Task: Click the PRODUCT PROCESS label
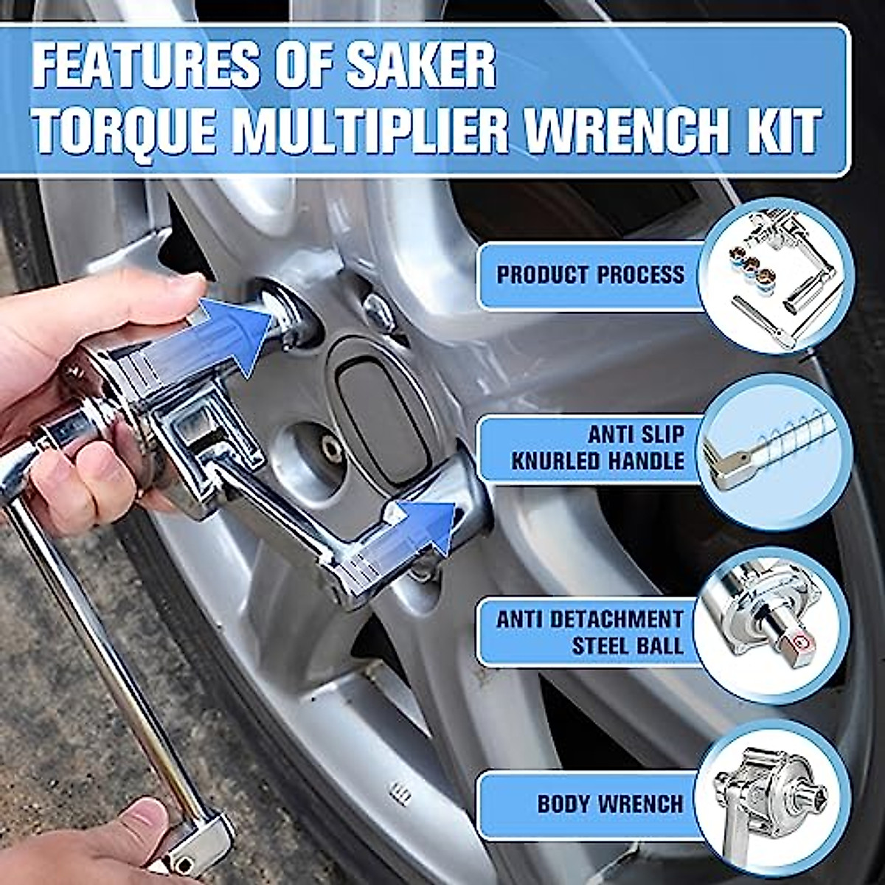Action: pyautogui.click(x=590, y=276)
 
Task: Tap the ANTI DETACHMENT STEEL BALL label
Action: pyautogui.click(x=590, y=632)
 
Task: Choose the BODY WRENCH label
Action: pyautogui.click(x=609, y=802)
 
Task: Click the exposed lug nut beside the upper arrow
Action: pyautogui.click(x=380, y=311)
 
